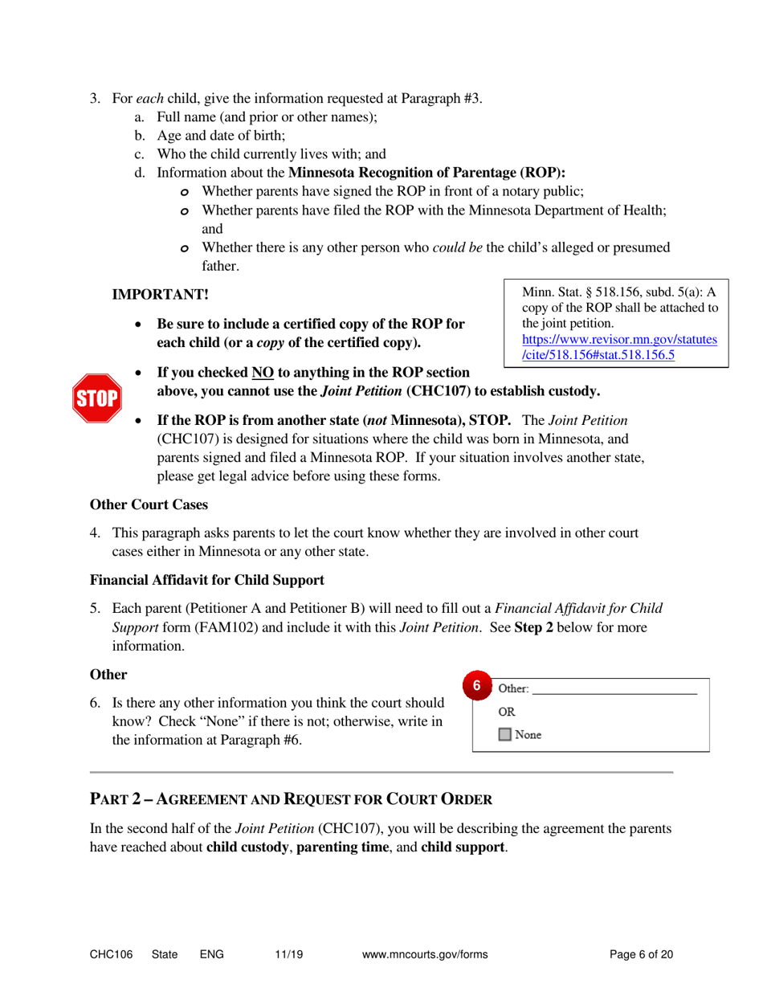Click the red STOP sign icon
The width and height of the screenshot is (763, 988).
tap(96, 397)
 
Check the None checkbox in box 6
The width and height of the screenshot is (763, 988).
tap(505, 734)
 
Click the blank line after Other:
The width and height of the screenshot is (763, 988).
tap(614, 689)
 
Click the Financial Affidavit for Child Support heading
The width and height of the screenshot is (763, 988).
tap(207, 579)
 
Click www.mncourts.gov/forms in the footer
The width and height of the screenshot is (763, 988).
tap(426, 954)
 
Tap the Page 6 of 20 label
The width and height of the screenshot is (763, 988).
tap(641, 954)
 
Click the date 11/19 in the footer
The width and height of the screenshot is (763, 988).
tap(287, 954)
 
